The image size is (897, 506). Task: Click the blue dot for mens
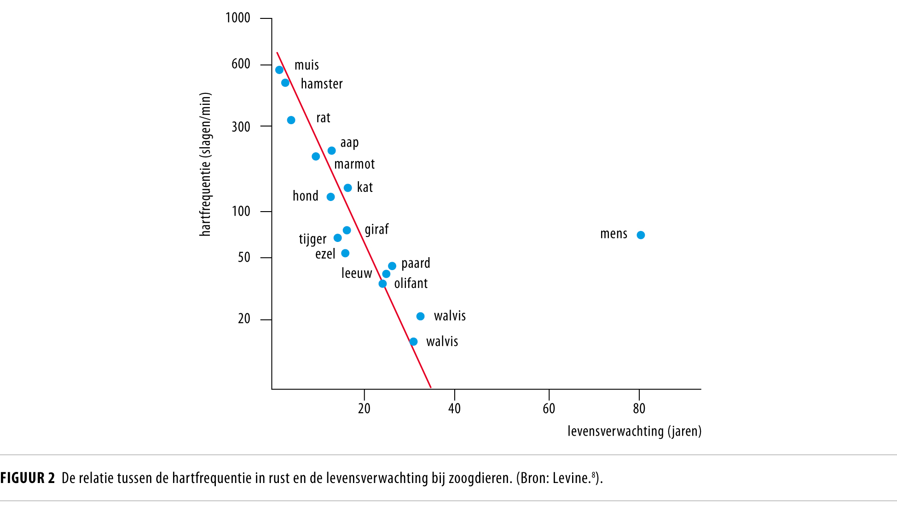coord(641,235)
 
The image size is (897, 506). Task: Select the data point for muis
coord(279,70)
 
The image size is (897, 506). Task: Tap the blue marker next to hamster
coord(285,83)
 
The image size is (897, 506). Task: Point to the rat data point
coord(291,120)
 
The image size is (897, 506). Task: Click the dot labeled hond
coord(330,197)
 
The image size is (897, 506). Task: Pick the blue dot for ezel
coord(345,253)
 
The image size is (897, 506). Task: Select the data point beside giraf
coord(347,230)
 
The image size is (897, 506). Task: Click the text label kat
coord(365,187)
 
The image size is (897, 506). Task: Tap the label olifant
coord(411,283)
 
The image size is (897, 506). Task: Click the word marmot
coord(354,164)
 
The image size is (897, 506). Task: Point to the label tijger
coord(313,239)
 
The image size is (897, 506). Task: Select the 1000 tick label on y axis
coord(237,18)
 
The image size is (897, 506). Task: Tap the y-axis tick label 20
coord(244,318)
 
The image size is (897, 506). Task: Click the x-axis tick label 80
coord(639,408)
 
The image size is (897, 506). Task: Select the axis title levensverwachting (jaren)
coord(634,431)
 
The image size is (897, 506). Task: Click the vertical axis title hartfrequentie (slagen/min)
coord(205,164)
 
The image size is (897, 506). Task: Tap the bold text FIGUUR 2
coord(28,478)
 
